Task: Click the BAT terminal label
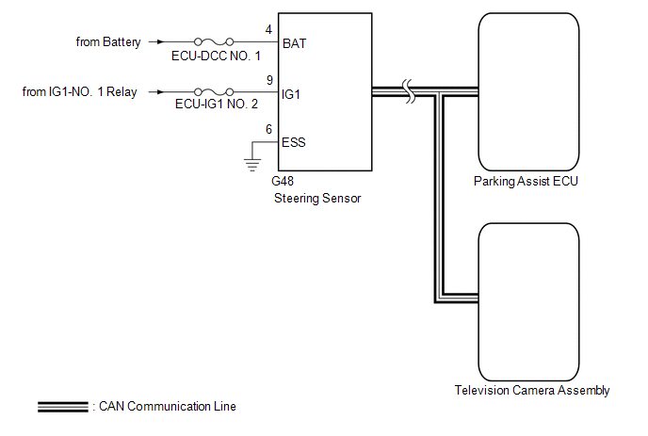[x=294, y=43]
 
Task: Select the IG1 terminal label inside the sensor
[x=291, y=94]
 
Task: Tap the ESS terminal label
[x=294, y=142]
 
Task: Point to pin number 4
[x=268, y=30]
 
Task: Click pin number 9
[x=269, y=80]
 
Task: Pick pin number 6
[x=268, y=129]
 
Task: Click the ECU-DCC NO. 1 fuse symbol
[x=214, y=41]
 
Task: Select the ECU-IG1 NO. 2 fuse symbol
[x=214, y=91]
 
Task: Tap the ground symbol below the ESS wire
[x=252, y=165]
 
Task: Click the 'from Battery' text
[x=108, y=42]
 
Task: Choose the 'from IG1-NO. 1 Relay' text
[x=79, y=91]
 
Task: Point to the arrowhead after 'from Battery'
[x=161, y=41]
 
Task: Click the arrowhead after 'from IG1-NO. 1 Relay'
[x=161, y=91]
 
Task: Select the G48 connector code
[x=283, y=181]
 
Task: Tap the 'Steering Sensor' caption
[x=317, y=199]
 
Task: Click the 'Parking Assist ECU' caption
[x=526, y=182]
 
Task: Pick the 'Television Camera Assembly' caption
[x=532, y=391]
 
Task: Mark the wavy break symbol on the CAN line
[x=409, y=91]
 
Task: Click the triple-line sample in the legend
[x=63, y=407]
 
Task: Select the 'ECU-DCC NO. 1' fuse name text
[x=216, y=56]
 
